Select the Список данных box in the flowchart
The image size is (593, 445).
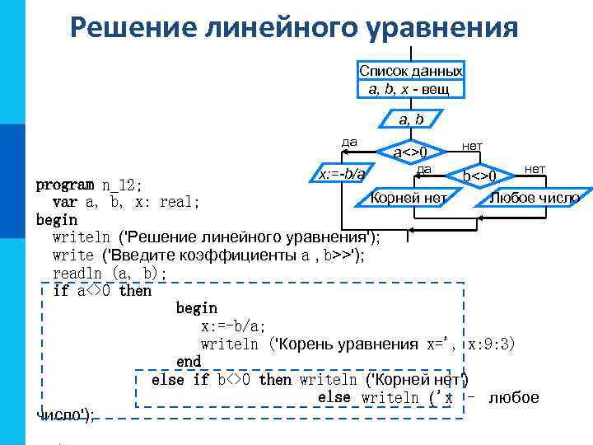coord(411,79)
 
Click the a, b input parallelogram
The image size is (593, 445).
coord(411,120)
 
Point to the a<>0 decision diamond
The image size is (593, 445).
coord(409,152)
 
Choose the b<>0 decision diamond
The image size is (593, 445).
coord(479,176)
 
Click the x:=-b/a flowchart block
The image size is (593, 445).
coord(341,174)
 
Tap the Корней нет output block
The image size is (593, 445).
coord(409,198)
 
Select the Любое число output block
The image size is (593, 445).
coord(535,198)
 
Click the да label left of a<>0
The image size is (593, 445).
coord(349,142)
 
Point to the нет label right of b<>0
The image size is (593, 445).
coord(535,169)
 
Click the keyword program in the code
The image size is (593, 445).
coord(65,183)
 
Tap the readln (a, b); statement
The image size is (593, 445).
coord(110,273)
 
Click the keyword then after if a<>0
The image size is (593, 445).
coord(136,290)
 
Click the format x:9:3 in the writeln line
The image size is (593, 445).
coord(491,344)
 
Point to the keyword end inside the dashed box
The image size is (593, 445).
coord(189,361)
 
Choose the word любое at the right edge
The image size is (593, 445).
coord(514,398)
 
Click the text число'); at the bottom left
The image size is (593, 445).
coord(66,415)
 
